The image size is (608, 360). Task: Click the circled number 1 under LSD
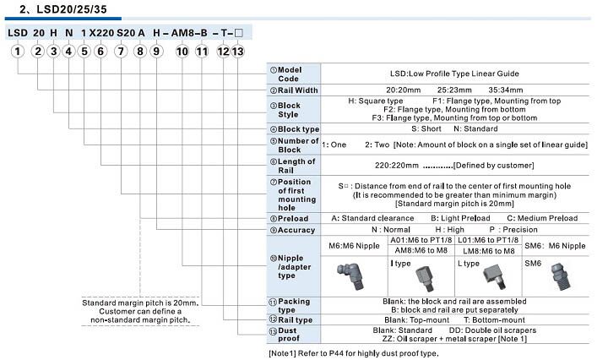16,52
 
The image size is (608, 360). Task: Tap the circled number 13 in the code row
238,52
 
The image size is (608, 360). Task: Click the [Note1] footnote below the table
355,352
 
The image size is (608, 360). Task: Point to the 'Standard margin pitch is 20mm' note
139,303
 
